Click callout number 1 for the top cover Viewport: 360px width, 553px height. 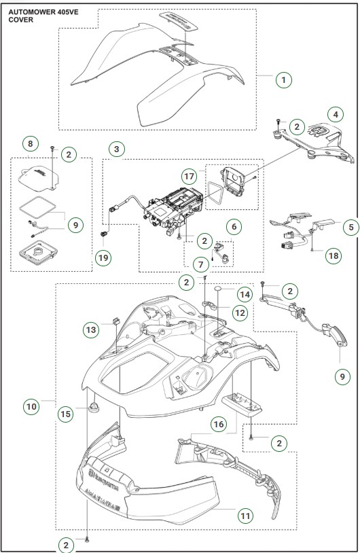[285, 79]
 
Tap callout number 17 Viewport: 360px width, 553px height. [188, 175]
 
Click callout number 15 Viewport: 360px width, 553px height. [65, 414]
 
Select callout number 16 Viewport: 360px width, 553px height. [218, 423]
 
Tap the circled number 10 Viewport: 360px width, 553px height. [31, 406]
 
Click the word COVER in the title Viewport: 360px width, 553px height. [21, 20]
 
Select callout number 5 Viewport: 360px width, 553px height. [350, 227]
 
